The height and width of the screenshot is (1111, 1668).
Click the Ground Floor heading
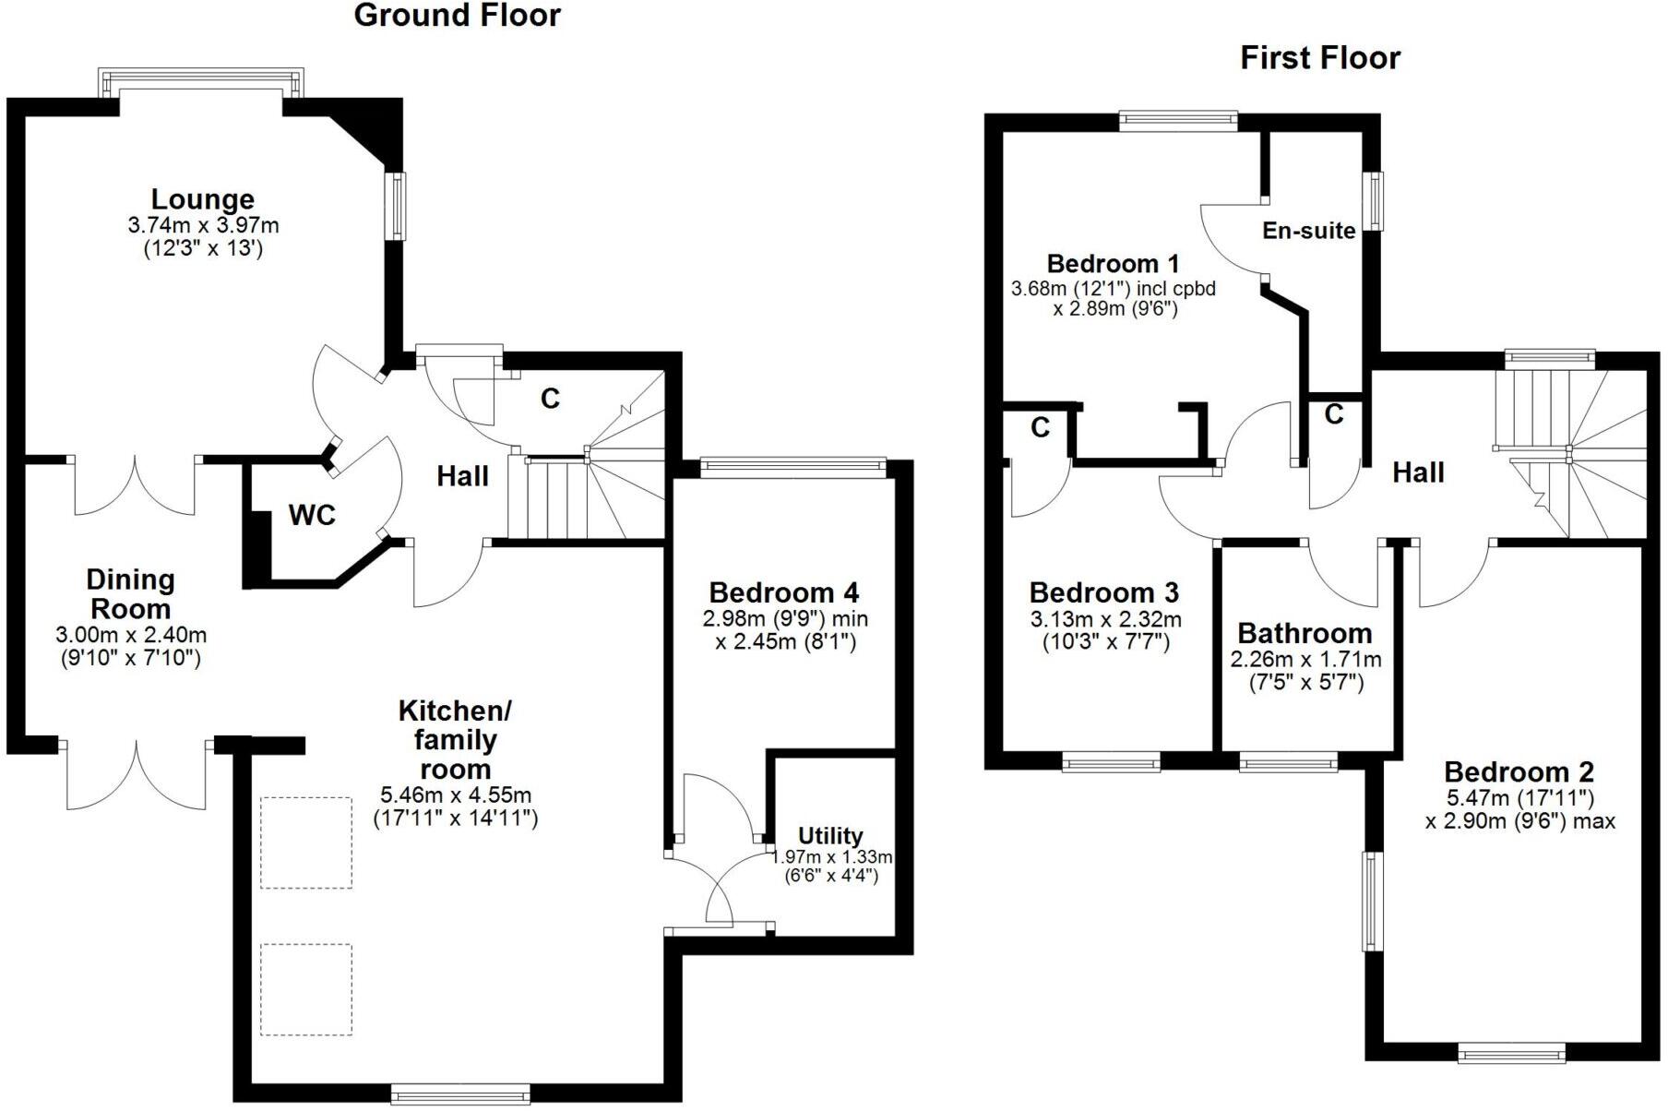click(x=457, y=16)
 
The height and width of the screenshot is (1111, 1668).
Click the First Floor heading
click(x=1319, y=58)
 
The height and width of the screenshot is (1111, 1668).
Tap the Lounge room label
click(x=203, y=199)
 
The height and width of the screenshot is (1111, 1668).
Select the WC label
click(x=312, y=516)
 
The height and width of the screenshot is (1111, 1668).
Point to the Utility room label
click(x=830, y=836)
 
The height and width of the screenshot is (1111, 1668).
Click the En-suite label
click(x=1308, y=231)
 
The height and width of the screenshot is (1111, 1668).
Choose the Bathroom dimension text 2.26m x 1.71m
click(x=1305, y=660)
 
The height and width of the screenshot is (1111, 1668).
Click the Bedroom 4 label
click(x=784, y=592)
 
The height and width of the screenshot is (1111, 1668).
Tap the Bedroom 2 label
click(x=1519, y=772)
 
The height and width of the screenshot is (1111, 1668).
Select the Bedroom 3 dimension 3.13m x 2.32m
click(x=1105, y=619)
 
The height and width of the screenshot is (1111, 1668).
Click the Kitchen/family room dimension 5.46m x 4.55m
click(x=456, y=795)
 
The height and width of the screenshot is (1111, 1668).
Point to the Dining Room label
click(x=130, y=594)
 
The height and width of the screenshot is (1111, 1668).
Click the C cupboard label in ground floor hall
click(x=550, y=399)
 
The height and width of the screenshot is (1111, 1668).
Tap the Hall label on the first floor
click(x=1417, y=473)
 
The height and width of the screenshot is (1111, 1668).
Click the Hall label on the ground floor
click(x=462, y=477)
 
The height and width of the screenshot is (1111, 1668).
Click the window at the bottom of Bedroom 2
click(x=1511, y=1052)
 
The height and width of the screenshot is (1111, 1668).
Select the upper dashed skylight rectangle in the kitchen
click(x=306, y=842)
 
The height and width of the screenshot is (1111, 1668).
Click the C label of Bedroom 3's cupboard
click(x=1040, y=428)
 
